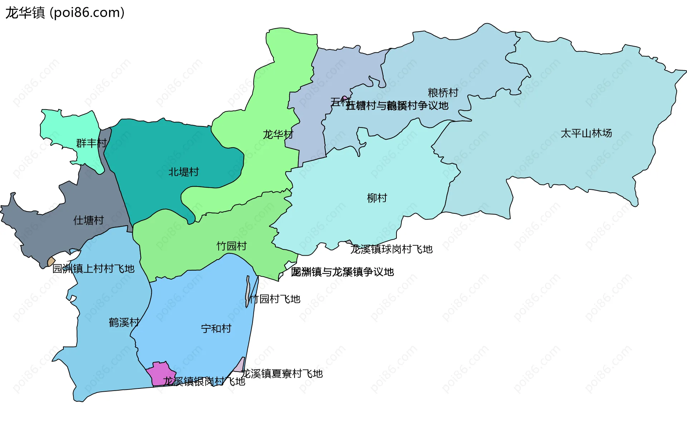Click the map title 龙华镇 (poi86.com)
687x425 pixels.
(65, 13)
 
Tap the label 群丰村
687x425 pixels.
(92, 143)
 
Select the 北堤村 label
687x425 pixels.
(184, 172)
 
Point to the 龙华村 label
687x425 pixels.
(278, 135)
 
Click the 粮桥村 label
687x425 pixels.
(443, 93)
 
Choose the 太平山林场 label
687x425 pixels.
(586, 133)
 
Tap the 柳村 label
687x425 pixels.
(377, 198)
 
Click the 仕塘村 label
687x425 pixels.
(88, 220)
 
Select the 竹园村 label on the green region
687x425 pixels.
(232, 246)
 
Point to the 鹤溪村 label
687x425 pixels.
(124, 323)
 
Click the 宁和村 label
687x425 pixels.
(216, 329)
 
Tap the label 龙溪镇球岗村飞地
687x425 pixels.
(391, 249)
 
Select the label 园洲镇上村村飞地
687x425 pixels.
(93, 269)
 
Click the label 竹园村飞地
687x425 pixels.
(275, 299)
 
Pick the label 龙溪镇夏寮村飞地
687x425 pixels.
(282, 374)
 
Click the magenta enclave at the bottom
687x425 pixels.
(161, 372)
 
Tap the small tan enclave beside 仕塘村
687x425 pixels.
(51, 262)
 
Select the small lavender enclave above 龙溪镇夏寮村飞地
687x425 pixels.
(239, 366)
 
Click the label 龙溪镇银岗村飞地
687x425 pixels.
(204, 381)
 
